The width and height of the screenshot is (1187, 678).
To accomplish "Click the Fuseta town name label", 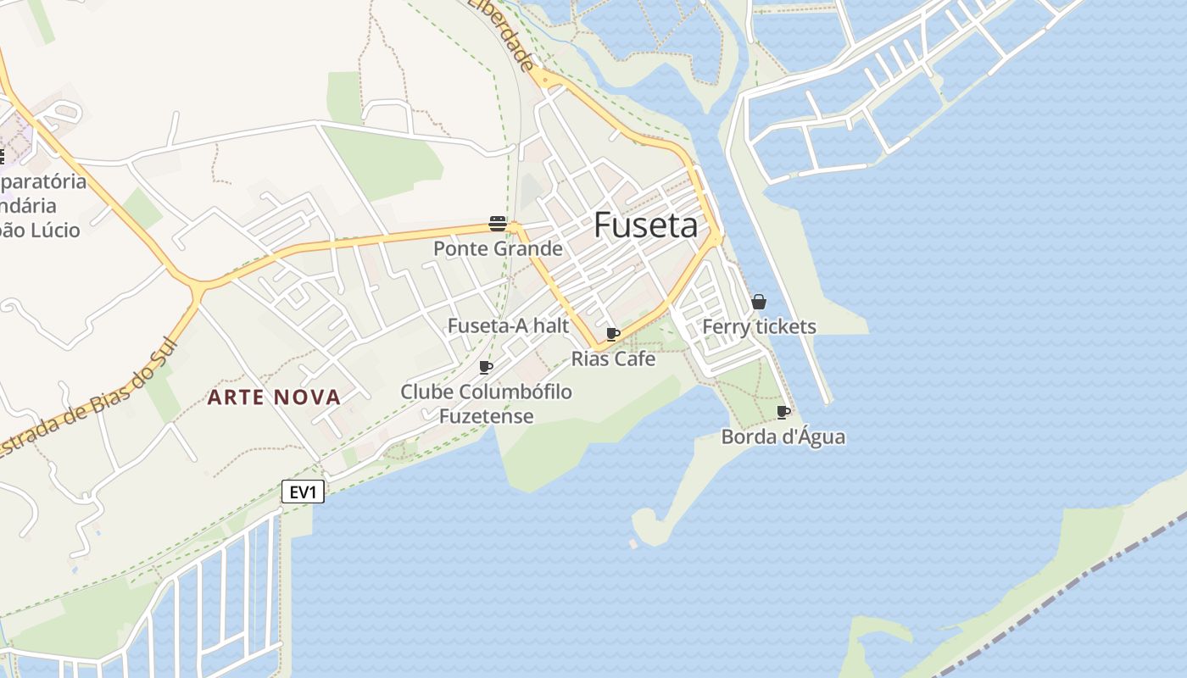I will point(646,225).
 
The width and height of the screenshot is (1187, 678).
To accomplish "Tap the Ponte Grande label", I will point(498,249).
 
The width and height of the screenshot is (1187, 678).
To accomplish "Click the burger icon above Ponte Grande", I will point(498,224).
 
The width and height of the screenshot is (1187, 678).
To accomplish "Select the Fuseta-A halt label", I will point(508,326).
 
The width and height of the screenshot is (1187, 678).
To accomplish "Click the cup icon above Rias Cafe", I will point(612,334).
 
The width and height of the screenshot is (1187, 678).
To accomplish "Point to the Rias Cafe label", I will point(613,358).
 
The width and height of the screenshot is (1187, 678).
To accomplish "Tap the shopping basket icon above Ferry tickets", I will point(759,302).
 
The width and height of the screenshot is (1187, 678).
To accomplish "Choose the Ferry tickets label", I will point(759,327).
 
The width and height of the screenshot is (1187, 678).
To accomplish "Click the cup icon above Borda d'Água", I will point(783,413).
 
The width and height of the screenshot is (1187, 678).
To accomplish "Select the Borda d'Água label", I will point(783,437).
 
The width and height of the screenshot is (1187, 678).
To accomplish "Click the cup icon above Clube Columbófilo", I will point(486,367).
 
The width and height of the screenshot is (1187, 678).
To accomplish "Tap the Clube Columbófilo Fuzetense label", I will point(486,403).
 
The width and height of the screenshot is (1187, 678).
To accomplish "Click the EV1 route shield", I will point(303,492).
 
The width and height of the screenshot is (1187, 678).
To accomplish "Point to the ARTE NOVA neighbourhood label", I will point(275,397).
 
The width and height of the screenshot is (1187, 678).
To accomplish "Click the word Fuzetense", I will point(486,416).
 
